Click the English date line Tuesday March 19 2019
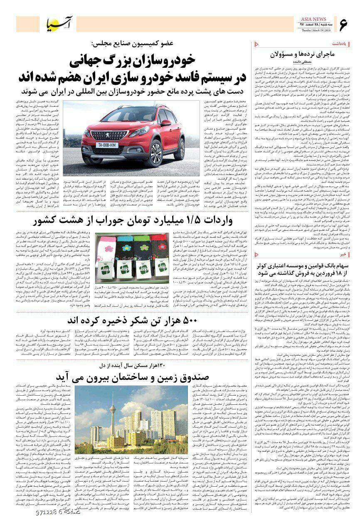pos(309,30)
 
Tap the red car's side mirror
pos(165,123)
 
